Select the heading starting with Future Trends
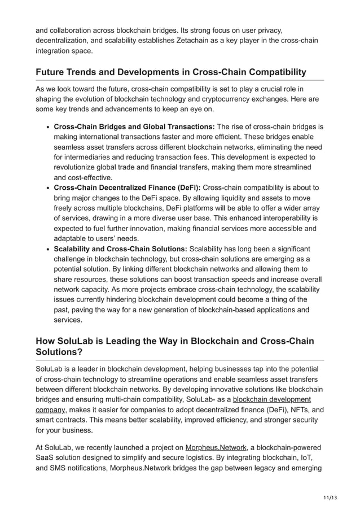coord(170,72)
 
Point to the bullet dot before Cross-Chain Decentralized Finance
coord(49,188)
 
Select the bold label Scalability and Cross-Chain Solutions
coord(120,249)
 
